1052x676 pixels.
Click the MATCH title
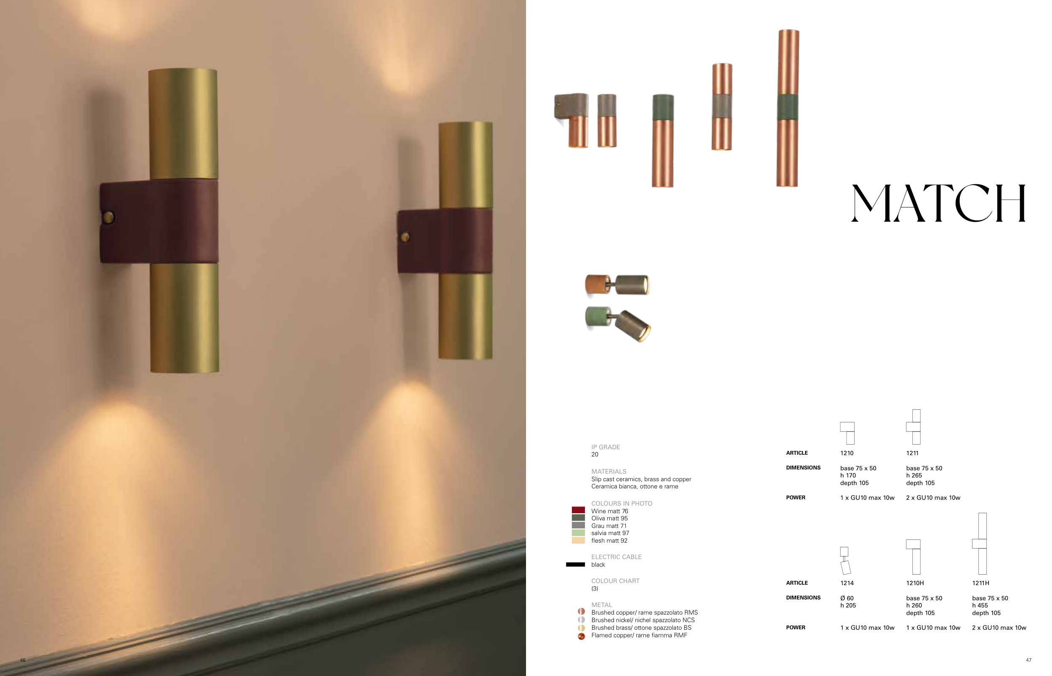click(x=938, y=203)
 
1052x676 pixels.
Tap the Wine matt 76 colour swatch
click(x=578, y=510)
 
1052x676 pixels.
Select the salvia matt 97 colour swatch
click(x=578, y=533)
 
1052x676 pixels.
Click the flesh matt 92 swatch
click(x=578, y=541)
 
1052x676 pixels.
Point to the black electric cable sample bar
click(x=575, y=565)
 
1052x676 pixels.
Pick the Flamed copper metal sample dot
click(x=581, y=636)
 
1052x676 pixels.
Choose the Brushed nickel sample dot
click(x=581, y=620)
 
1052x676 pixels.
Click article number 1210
click(x=847, y=453)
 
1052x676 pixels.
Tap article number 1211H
click(x=980, y=583)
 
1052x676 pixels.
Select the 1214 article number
click(x=847, y=583)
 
